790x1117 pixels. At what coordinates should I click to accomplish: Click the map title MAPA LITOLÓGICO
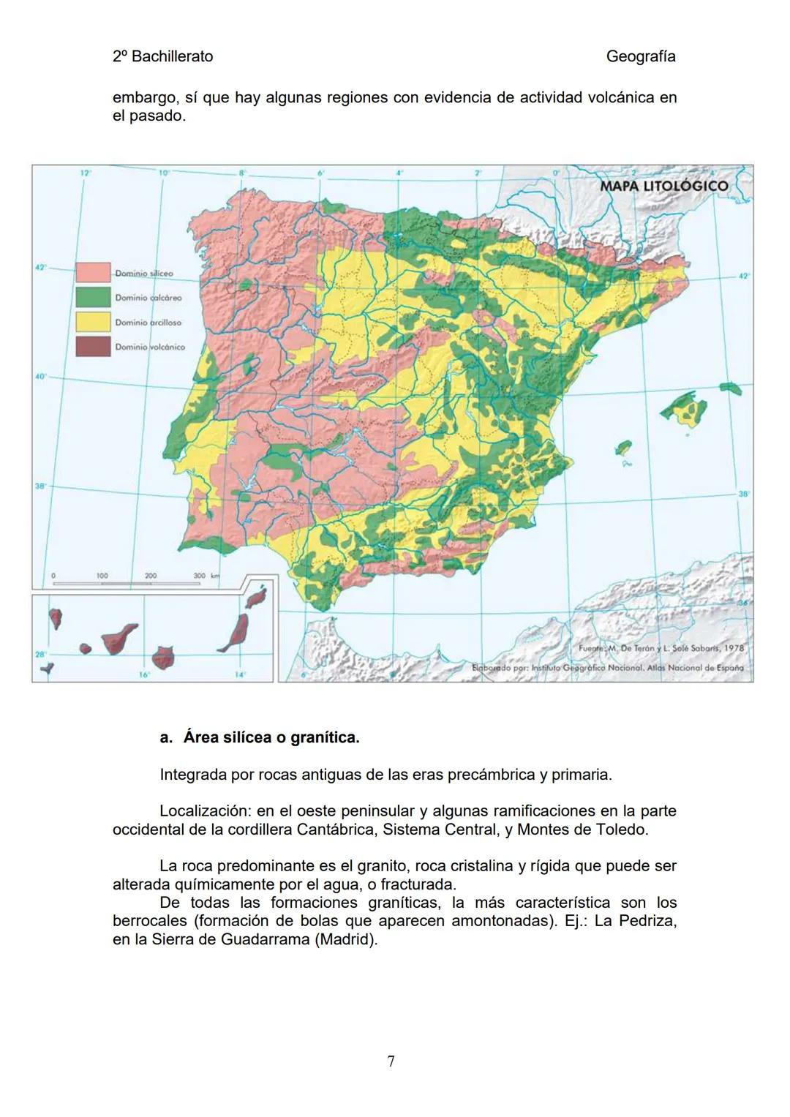pos(663,186)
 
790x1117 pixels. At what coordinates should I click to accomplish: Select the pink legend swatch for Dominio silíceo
pos(93,273)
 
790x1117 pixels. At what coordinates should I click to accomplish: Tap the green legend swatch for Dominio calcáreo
pos(93,298)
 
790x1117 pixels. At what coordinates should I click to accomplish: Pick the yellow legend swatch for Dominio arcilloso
pos(93,322)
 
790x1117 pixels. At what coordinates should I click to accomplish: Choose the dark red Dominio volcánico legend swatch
pos(93,347)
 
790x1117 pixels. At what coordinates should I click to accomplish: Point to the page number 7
pos(391,1061)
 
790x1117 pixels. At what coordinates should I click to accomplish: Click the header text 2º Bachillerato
pos(162,56)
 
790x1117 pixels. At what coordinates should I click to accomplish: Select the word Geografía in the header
pos(641,56)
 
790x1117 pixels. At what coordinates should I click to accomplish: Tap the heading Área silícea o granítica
pos(271,737)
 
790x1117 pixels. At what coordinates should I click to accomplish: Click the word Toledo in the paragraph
pos(620,830)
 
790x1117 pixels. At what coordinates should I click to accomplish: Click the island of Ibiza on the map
pos(623,447)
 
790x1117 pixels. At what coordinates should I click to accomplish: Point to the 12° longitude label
pos(86,173)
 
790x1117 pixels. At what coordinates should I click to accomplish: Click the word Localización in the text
pos(205,811)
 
